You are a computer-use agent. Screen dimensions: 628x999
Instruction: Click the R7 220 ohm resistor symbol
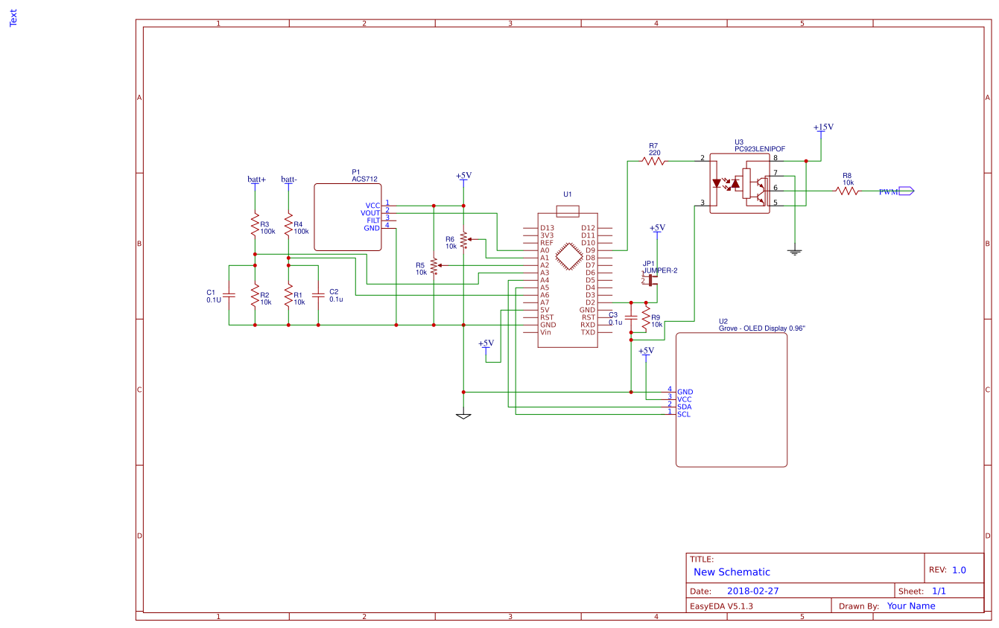pyautogui.click(x=653, y=160)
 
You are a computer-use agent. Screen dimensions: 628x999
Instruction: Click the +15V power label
pyautogui.click(x=823, y=127)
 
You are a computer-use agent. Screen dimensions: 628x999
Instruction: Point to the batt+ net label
pyautogui.click(x=256, y=180)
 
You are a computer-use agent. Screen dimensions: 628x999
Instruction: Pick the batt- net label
pyautogui.click(x=289, y=180)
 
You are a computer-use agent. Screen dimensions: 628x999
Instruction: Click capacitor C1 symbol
pyautogui.click(x=229, y=295)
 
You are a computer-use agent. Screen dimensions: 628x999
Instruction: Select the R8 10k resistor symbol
pyautogui.click(x=847, y=191)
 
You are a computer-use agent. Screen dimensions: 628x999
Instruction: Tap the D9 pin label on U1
pyautogui.click(x=590, y=250)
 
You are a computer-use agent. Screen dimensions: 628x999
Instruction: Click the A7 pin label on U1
pyautogui.click(x=545, y=302)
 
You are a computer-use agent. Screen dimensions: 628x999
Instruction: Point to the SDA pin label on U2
pyautogui.click(x=684, y=407)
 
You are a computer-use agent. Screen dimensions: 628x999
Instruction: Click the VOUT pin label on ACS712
pyautogui.click(x=370, y=213)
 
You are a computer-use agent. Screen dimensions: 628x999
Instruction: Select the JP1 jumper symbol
pyautogui.click(x=650, y=280)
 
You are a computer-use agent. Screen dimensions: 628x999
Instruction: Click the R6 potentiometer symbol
pyautogui.click(x=463, y=240)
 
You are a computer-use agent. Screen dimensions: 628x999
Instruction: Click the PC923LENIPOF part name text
pyautogui.click(x=759, y=149)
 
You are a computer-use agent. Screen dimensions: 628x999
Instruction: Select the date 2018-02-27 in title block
pyautogui.click(x=752, y=591)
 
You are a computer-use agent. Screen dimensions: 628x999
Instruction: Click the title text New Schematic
pyautogui.click(x=732, y=572)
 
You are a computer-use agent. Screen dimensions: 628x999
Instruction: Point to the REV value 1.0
pyautogui.click(x=959, y=570)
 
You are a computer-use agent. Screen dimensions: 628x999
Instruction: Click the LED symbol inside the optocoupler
pyautogui.click(x=720, y=183)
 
